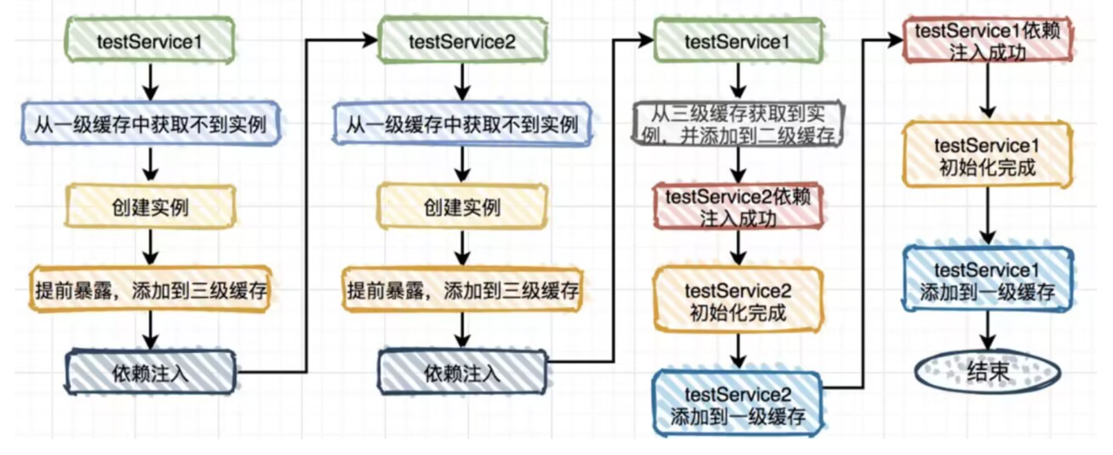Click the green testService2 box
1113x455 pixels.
pos(462,41)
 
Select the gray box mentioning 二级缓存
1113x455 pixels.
pos(738,124)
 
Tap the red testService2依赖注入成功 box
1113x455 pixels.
pos(738,207)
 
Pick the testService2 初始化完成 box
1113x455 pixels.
pos(738,301)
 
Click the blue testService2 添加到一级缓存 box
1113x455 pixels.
pos(738,405)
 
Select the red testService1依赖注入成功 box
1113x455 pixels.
pos(988,41)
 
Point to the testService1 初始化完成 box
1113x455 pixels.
pos(988,156)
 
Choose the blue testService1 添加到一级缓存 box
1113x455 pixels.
pos(988,280)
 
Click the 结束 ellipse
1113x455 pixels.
pos(988,371)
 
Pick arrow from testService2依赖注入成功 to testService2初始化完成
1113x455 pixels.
pos(738,248)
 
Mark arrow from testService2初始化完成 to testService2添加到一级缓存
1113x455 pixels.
pos(738,351)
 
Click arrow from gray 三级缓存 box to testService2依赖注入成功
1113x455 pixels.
pos(738,165)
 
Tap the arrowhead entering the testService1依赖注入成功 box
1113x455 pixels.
pos(895,41)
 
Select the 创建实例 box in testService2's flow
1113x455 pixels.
pos(462,207)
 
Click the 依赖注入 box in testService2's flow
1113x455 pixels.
pos(462,373)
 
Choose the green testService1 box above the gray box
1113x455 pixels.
pos(738,41)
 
